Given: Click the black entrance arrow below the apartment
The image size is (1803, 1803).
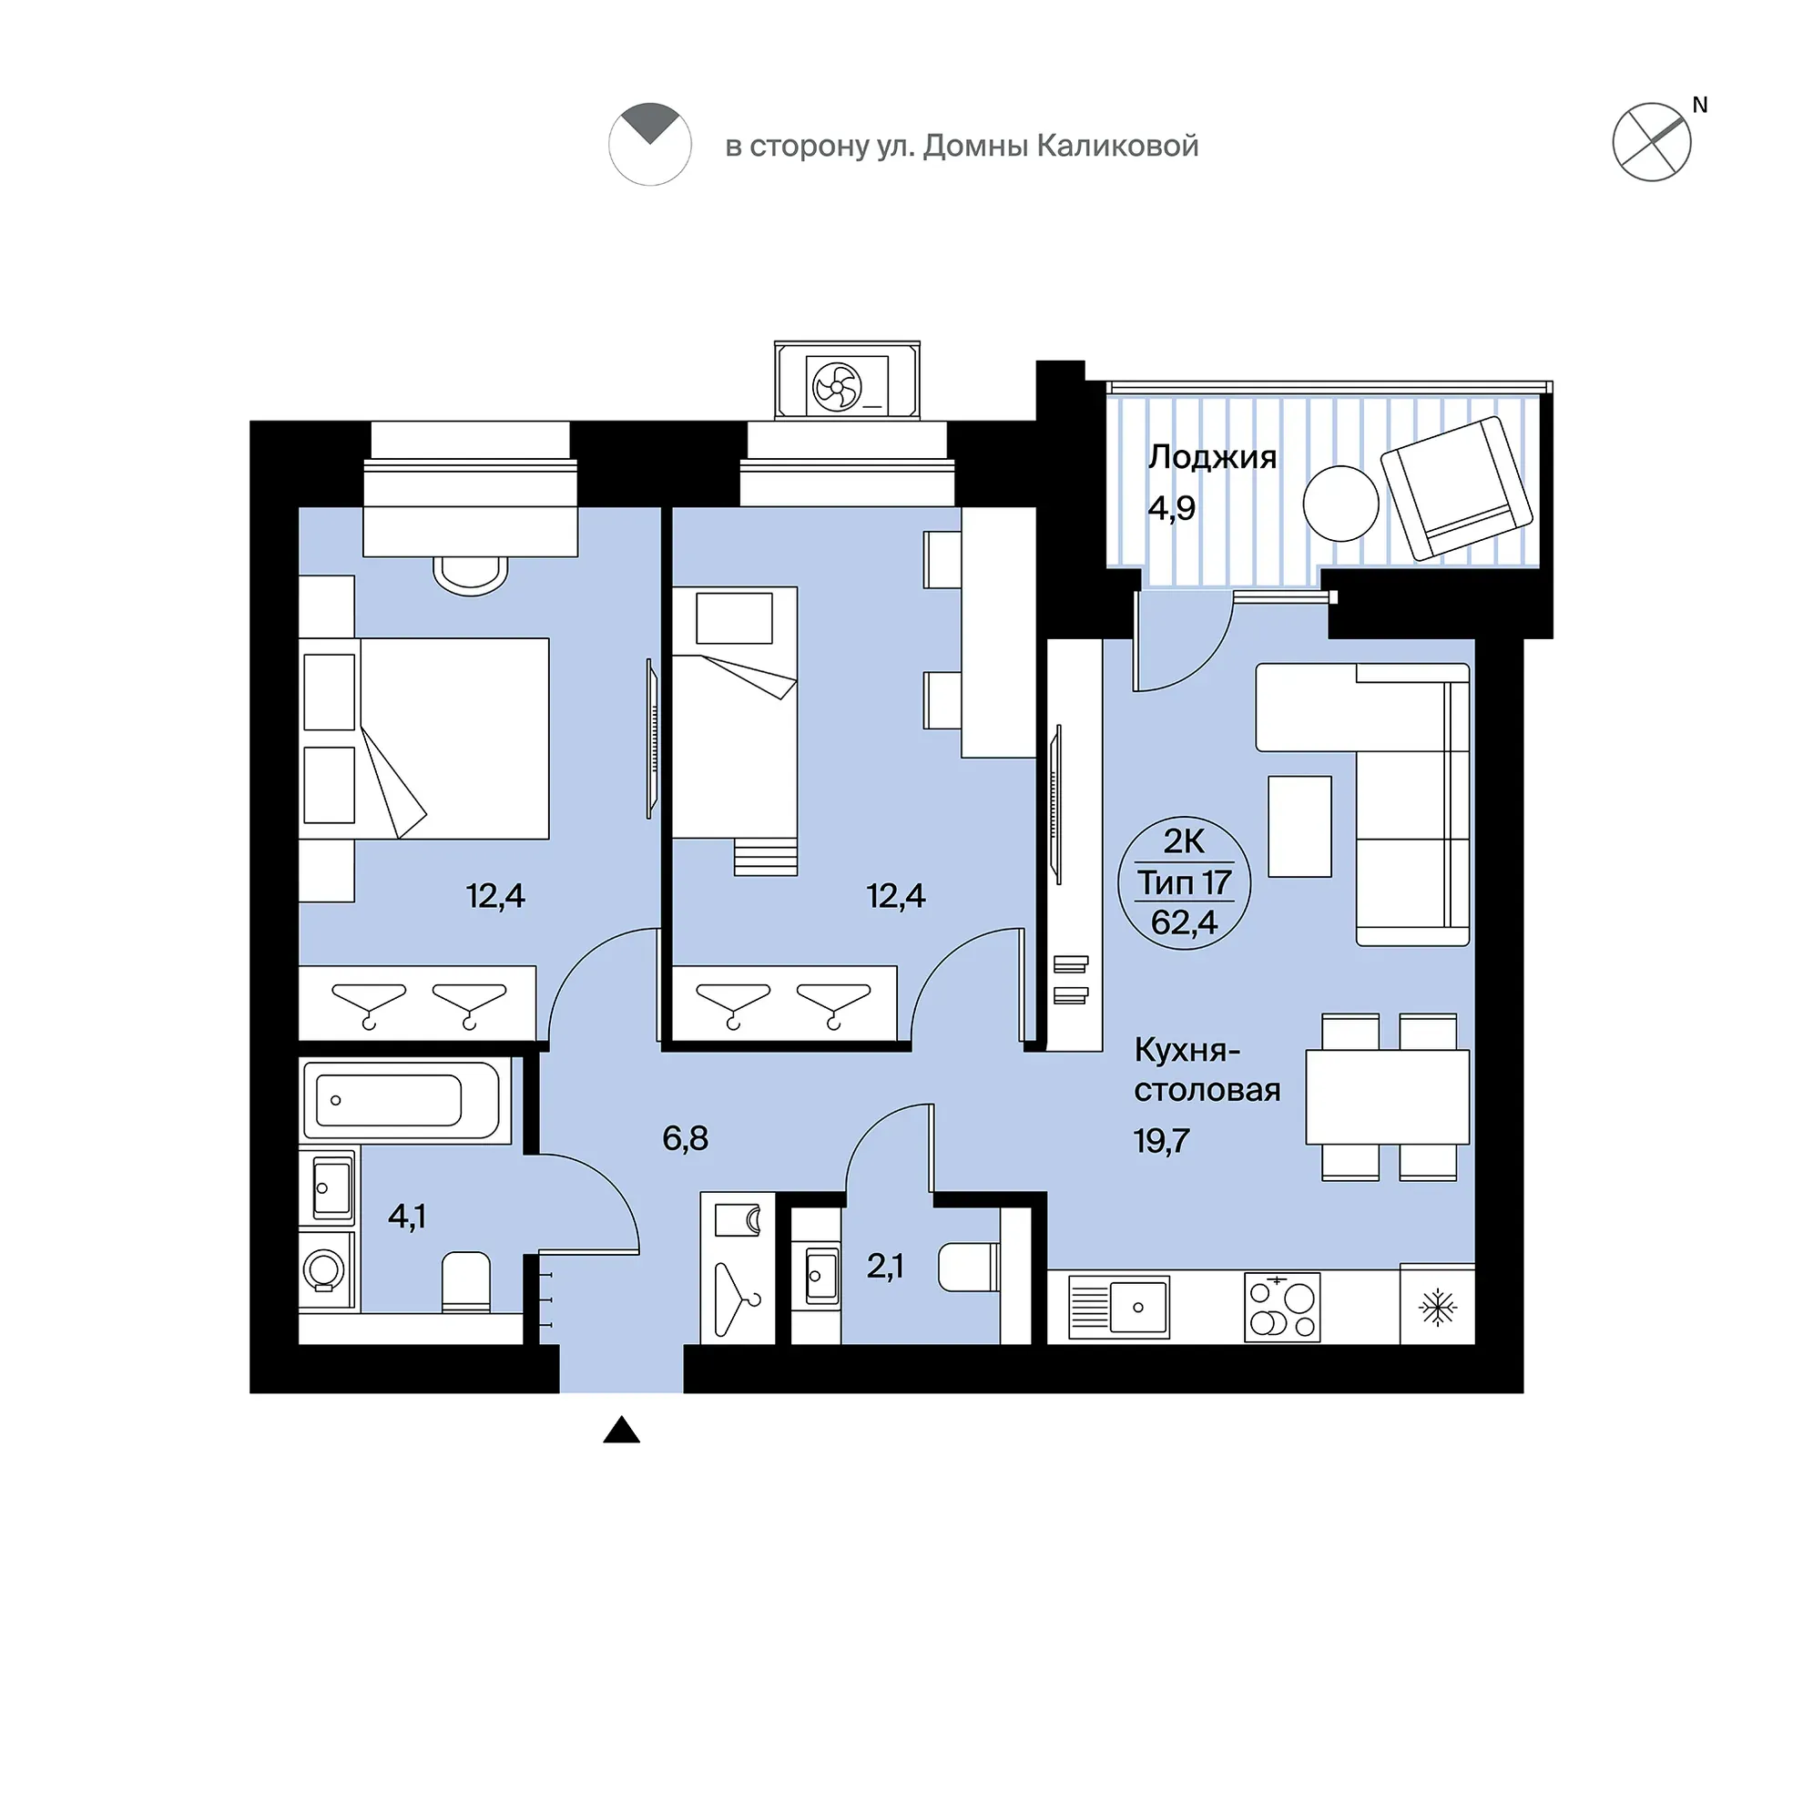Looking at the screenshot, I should click(x=622, y=1456).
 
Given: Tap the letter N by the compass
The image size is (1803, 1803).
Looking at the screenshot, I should click(x=1699, y=106).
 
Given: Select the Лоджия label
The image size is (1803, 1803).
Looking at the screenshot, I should click(x=1211, y=457).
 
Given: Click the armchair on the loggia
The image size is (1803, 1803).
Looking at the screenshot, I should click(x=1456, y=487).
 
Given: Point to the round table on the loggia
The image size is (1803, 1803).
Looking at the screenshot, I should click(x=1340, y=504).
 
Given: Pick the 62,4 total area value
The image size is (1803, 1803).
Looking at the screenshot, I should click(x=1184, y=923).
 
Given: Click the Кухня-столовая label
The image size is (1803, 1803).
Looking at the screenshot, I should click(x=1206, y=1070).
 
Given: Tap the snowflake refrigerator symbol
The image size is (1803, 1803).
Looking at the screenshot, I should click(x=1437, y=1308).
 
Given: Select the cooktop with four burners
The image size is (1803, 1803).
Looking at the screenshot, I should click(x=1282, y=1307).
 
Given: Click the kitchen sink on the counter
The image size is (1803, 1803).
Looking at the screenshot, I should click(x=1136, y=1307).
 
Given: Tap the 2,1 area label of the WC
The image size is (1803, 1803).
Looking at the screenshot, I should click(x=885, y=1267).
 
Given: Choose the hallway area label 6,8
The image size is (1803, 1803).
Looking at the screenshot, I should click(x=685, y=1138).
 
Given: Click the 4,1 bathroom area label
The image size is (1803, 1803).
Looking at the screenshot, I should click(x=407, y=1217).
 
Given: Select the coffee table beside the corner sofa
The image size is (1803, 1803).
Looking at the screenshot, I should click(x=1299, y=827).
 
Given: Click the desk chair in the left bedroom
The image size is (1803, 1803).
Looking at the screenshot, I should click(x=471, y=575).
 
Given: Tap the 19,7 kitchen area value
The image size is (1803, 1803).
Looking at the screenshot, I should click(x=1162, y=1140).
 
